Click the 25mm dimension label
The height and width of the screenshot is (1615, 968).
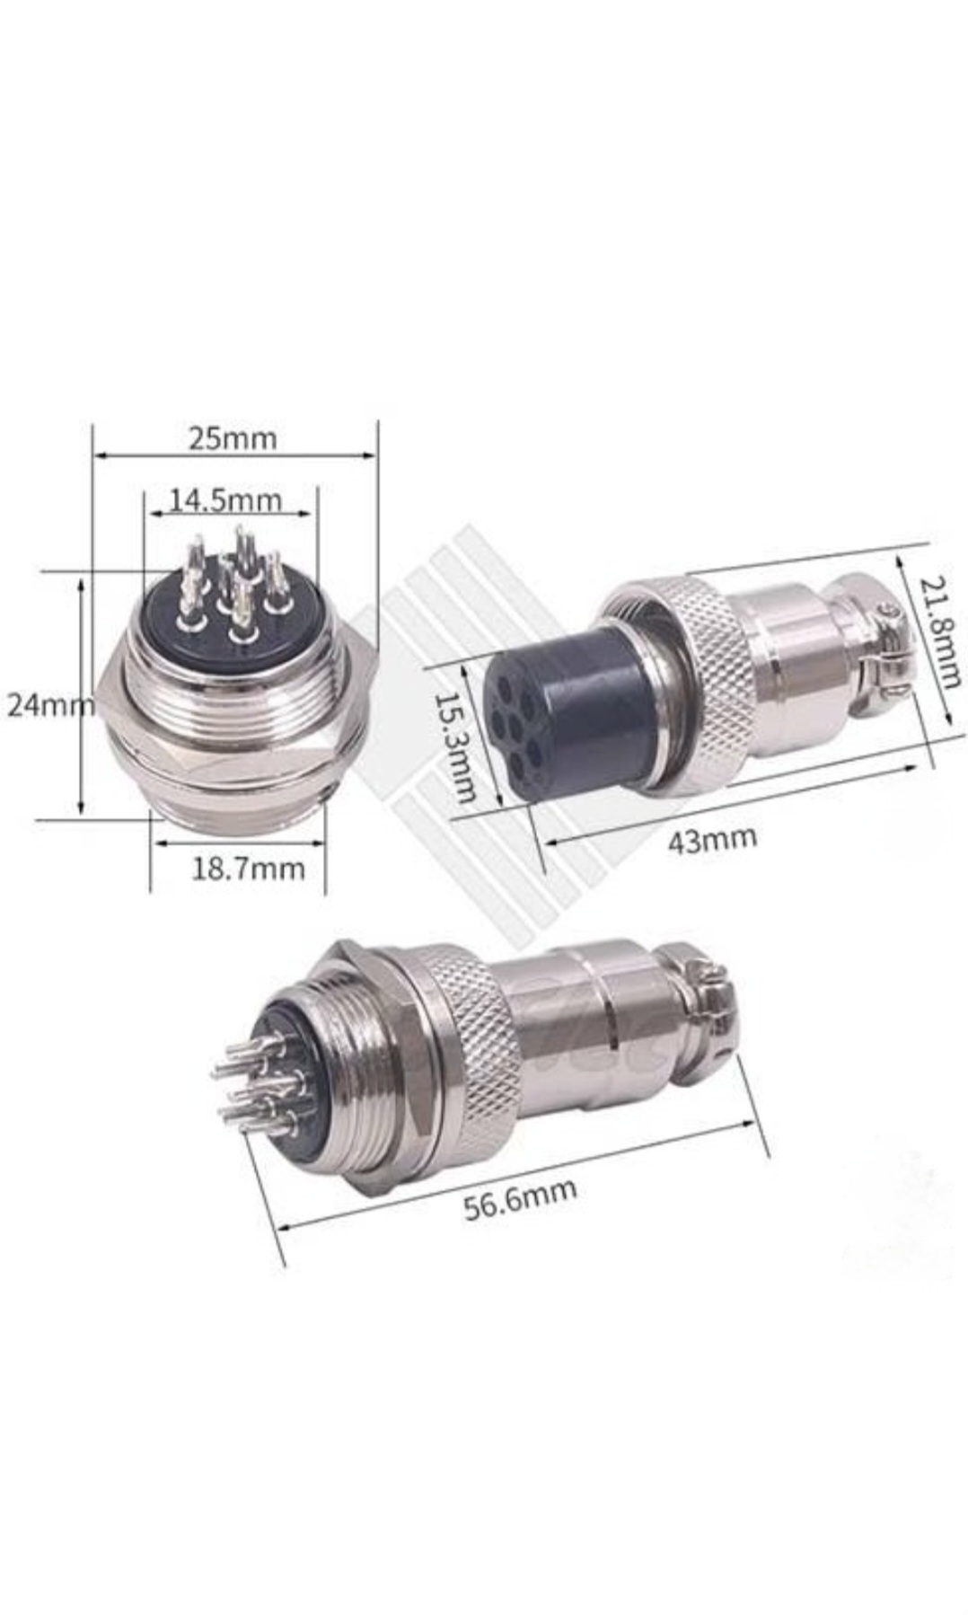click(x=232, y=438)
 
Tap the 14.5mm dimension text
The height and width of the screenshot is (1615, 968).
click(x=225, y=499)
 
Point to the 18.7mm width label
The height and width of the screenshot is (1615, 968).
click(x=248, y=869)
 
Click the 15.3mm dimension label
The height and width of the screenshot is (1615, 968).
click(x=455, y=746)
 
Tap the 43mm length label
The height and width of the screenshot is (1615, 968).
click(x=712, y=840)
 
